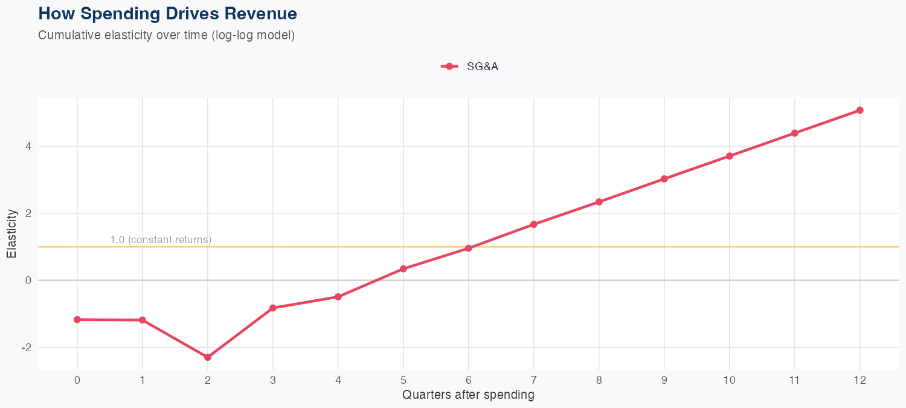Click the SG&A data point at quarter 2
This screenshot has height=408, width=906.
[208, 357]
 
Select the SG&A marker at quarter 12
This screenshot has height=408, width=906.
[859, 110]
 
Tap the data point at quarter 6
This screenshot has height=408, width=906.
[468, 248]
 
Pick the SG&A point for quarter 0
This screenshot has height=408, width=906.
[77, 319]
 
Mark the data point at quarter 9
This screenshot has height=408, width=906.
[664, 179]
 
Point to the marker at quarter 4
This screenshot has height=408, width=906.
[338, 297]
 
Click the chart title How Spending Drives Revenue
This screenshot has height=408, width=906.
[167, 13]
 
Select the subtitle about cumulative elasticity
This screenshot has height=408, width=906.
[166, 35]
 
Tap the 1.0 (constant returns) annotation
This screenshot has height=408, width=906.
[161, 239]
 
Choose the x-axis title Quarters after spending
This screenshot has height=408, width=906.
[468, 395]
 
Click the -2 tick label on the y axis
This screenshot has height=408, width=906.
[27, 348]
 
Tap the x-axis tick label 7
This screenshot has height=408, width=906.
[533, 380]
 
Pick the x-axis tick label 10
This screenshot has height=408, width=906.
[729, 380]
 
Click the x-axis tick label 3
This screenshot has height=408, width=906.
[273, 380]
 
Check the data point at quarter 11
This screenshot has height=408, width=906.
[794, 133]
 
